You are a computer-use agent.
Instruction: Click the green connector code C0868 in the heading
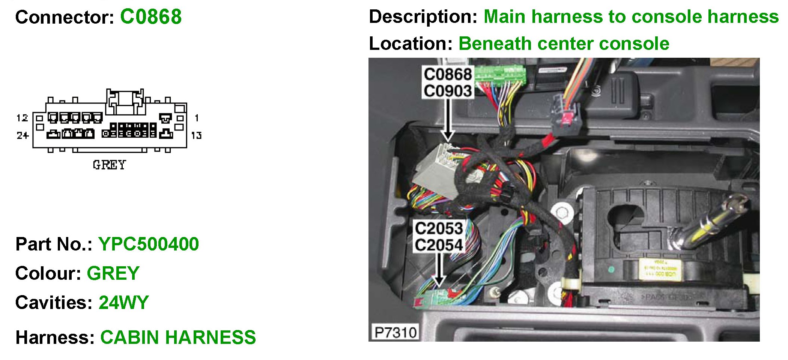(151, 17)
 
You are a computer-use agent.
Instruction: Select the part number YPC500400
(149, 244)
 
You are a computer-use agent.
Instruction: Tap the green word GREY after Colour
(113, 273)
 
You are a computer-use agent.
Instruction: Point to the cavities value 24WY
(124, 303)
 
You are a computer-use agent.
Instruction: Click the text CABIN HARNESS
(178, 337)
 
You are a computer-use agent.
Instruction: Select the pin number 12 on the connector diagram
(22, 118)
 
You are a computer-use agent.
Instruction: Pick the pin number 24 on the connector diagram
(23, 135)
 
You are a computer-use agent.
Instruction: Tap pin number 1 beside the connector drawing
(197, 118)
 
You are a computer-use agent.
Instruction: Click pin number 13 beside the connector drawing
(196, 135)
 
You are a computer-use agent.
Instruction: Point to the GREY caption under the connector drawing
(109, 165)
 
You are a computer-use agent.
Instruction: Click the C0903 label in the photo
(448, 91)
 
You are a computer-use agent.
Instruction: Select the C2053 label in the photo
(439, 228)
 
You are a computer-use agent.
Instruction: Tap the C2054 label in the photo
(439, 245)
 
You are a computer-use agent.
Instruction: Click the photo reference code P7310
(396, 332)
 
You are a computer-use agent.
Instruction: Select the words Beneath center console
(564, 44)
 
